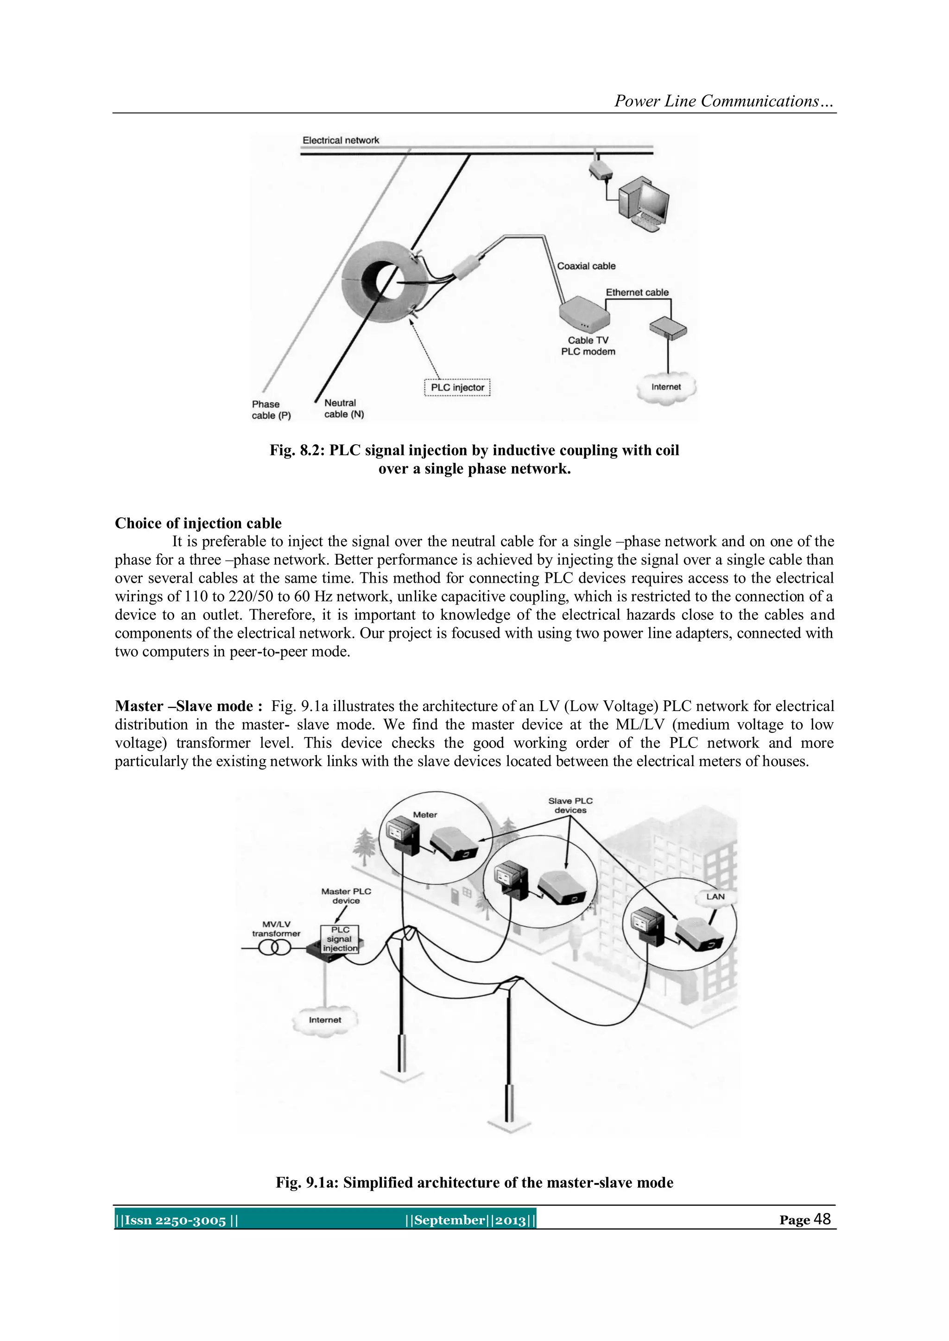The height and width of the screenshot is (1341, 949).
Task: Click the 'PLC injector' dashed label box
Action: pos(457,387)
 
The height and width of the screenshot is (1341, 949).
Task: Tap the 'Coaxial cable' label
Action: pos(586,266)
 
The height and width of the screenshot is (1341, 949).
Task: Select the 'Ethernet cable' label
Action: pos(637,292)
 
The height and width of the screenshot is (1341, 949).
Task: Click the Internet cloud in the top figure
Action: pos(666,388)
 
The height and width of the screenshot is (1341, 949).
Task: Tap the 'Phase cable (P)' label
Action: pos(271,409)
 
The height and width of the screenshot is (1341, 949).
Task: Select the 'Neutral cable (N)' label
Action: pos(344,408)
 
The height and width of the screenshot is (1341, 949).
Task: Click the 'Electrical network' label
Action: pos(341,140)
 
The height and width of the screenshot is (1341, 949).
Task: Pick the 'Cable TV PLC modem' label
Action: pos(588,346)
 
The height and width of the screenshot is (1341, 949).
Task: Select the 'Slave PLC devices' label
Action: pos(570,806)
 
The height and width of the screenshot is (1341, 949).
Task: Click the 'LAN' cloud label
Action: pos(715,896)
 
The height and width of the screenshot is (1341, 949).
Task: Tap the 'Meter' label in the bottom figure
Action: pos(425,814)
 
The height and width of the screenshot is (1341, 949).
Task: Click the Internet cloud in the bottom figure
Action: pos(325,1020)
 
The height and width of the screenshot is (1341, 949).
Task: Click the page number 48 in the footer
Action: pos(822,1219)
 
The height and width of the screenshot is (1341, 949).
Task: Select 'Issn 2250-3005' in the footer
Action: pos(175,1220)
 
